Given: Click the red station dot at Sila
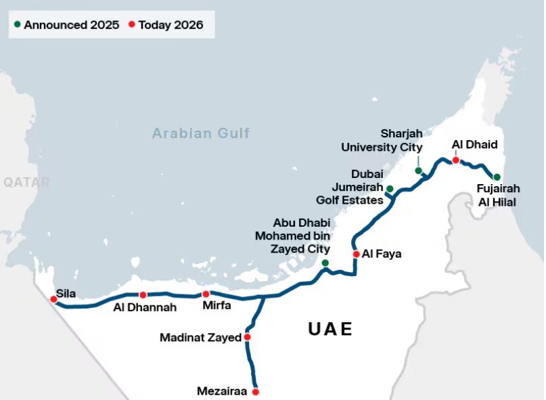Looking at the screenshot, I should [53, 299].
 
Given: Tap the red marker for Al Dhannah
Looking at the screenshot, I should [143, 295].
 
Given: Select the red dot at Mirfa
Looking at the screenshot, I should [206, 294].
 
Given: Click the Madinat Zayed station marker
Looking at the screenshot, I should [248, 337].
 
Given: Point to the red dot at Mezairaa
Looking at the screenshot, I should [256, 391].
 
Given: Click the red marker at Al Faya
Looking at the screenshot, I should [356, 254].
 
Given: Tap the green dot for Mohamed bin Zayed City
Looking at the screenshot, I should [325, 263].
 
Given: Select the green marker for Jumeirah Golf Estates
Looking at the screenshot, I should [390, 188].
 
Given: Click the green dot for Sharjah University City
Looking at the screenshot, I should [418, 171].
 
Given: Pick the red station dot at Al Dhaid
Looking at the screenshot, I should [455, 160].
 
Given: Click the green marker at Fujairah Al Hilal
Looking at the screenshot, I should [497, 177].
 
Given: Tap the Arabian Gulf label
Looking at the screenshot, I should [200, 133].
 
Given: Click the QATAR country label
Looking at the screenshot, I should [26, 182].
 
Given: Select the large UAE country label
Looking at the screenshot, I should [330, 330].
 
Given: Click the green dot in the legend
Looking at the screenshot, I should [17, 25].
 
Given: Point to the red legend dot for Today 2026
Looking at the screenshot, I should [131, 25].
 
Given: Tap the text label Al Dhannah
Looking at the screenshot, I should [145, 307].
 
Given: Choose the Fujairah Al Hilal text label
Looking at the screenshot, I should [498, 195].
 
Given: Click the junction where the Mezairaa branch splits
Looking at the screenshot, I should [263, 297].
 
